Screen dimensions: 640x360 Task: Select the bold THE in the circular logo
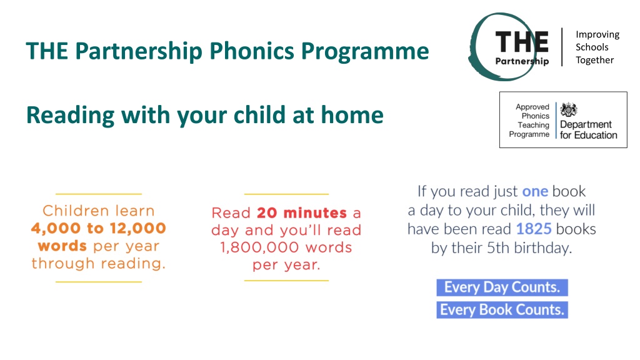click(x=522, y=42)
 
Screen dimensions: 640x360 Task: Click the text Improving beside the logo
click(x=597, y=35)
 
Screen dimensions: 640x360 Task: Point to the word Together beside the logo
click(x=595, y=60)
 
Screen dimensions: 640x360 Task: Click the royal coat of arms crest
click(x=569, y=109)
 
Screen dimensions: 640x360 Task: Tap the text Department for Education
click(x=589, y=130)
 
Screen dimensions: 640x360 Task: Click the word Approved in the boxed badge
click(x=532, y=107)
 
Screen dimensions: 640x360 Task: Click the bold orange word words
click(x=62, y=246)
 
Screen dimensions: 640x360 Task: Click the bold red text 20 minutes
click(x=302, y=212)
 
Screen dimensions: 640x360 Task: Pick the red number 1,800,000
click(x=261, y=247)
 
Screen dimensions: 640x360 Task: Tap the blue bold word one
click(x=535, y=191)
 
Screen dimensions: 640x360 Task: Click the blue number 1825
click(x=534, y=229)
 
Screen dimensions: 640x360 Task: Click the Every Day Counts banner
click(x=502, y=287)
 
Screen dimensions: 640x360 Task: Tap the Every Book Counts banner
click(x=502, y=310)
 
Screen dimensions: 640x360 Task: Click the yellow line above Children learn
click(x=99, y=194)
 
